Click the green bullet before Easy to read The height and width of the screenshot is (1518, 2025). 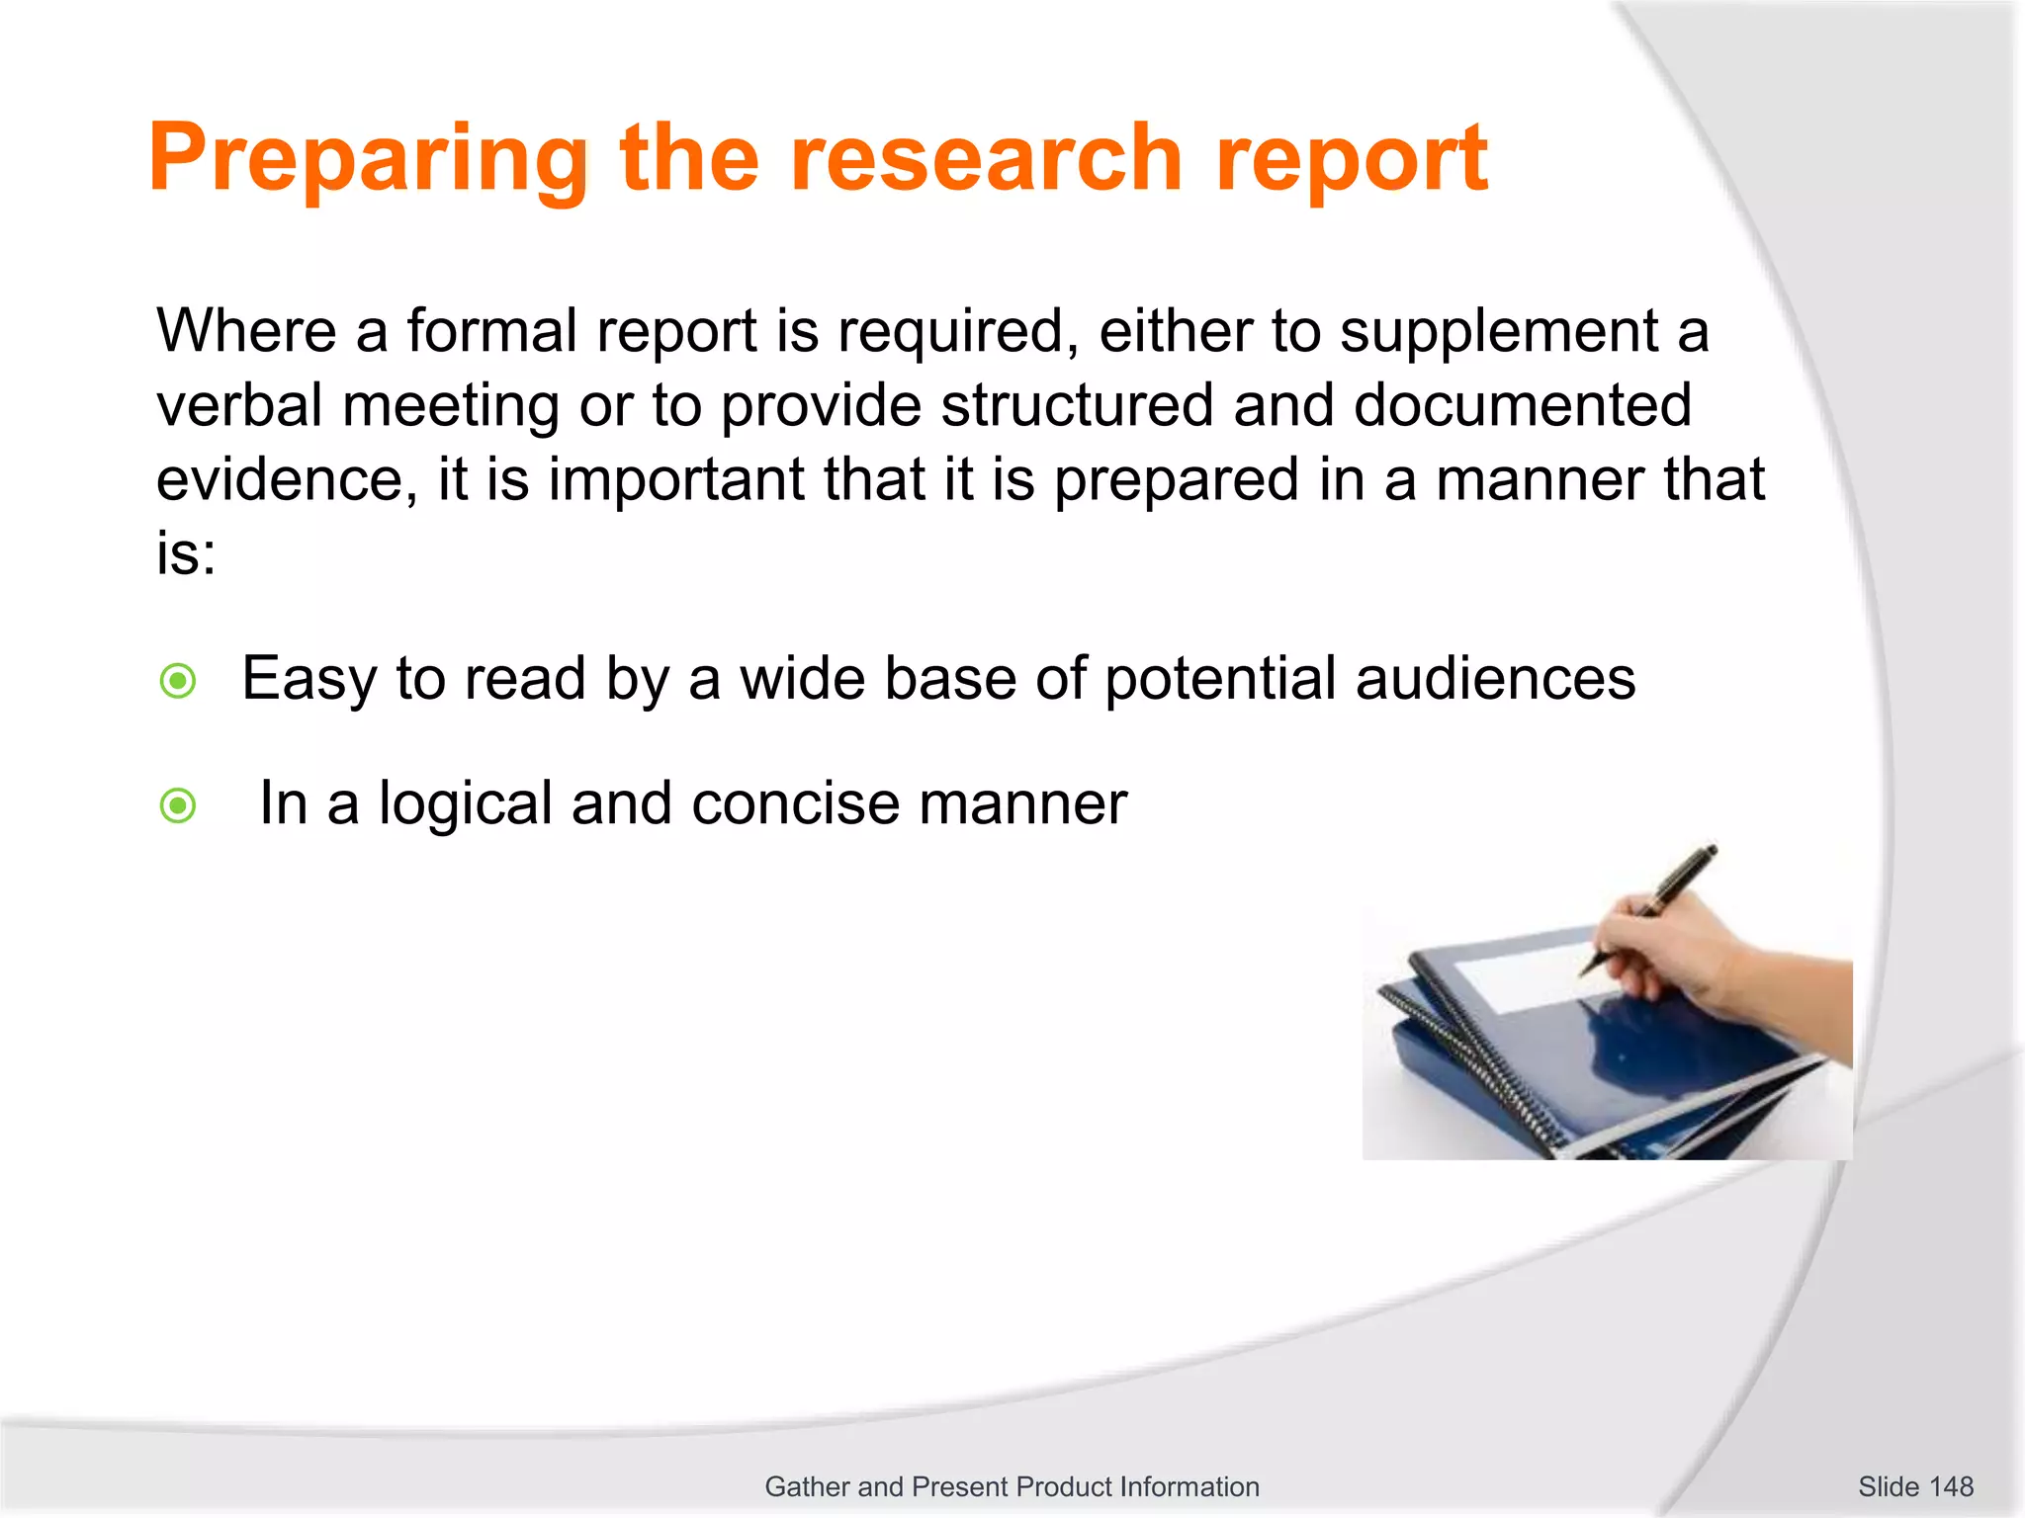click(179, 681)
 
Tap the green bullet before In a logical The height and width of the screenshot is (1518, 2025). click(179, 805)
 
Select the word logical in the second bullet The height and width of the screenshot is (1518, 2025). click(466, 804)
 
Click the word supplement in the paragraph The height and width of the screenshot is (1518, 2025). click(1498, 332)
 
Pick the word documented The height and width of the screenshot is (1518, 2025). click(1522, 405)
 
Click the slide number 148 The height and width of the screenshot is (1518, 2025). click(1915, 1486)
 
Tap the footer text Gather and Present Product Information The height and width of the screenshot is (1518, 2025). click(1012, 1486)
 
